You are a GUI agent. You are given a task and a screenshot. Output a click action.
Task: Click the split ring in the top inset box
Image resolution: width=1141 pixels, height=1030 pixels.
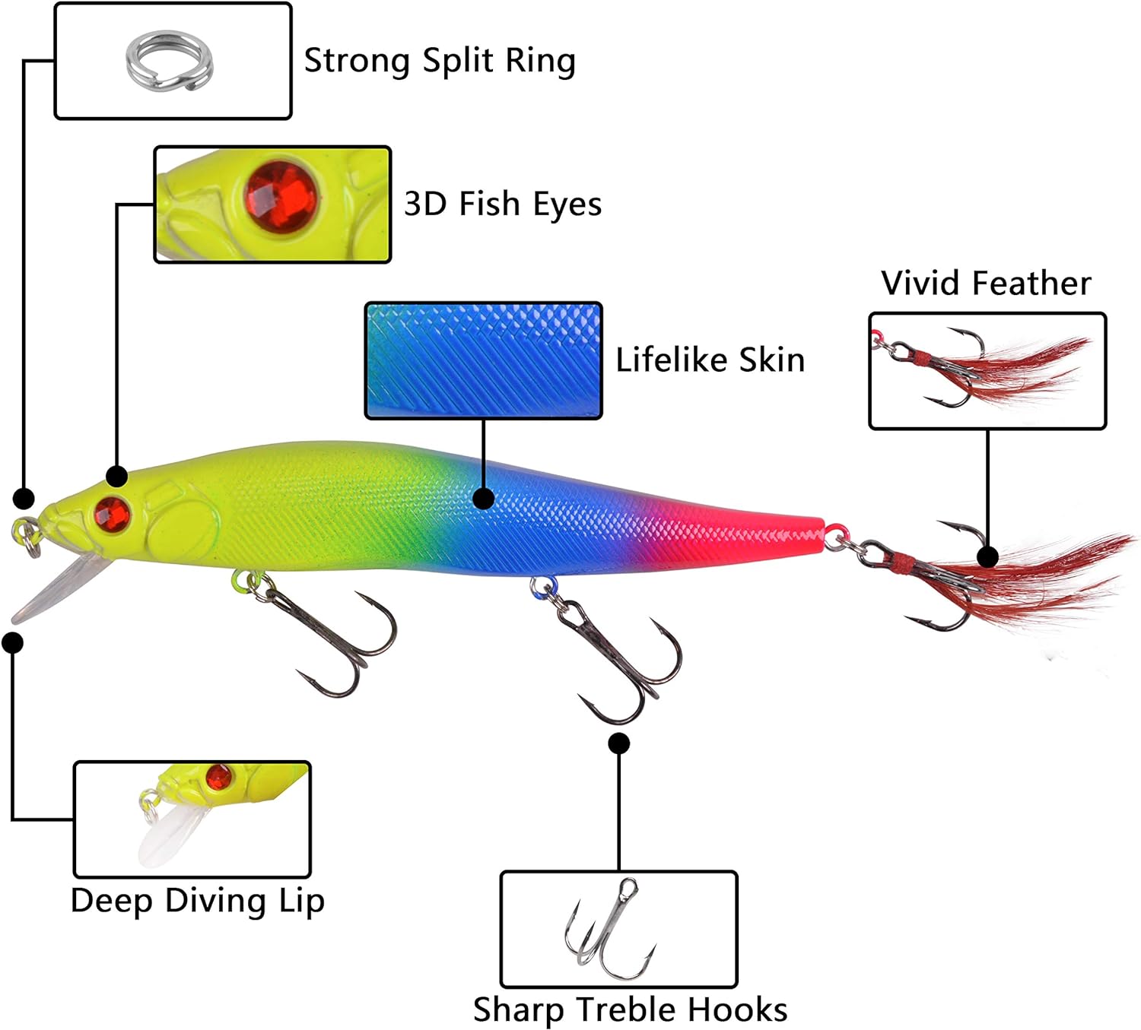tap(170, 59)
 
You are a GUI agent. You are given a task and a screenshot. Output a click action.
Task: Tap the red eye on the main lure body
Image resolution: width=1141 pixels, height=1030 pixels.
tap(113, 514)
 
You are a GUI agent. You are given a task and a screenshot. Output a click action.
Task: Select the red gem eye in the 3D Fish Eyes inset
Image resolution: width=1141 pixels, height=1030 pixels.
tap(281, 195)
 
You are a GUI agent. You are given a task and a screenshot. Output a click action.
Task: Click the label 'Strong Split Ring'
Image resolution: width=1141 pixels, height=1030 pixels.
tap(440, 61)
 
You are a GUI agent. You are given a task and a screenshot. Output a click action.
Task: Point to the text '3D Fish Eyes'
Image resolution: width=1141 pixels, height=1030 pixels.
tap(503, 204)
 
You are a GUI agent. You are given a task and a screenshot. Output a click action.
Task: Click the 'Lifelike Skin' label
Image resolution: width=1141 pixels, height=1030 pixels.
tap(710, 360)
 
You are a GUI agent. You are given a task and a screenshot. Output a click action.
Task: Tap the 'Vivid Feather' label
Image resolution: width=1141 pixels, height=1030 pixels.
tap(986, 283)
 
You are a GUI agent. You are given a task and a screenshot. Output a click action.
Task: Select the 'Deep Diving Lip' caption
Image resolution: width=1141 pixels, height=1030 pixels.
tap(198, 900)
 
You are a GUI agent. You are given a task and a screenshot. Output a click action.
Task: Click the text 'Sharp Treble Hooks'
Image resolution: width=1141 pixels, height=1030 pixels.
tap(630, 1009)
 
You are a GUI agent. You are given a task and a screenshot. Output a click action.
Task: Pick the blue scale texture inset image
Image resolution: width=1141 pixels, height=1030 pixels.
tap(484, 360)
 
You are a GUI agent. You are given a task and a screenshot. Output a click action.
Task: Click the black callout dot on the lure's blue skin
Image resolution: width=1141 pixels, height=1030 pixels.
tap(484, 498)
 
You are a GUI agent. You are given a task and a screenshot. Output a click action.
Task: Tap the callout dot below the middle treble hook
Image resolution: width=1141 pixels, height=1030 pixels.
tap(619, 743)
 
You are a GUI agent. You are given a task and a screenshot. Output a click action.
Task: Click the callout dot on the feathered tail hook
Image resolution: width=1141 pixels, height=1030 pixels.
tap(987, 556)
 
